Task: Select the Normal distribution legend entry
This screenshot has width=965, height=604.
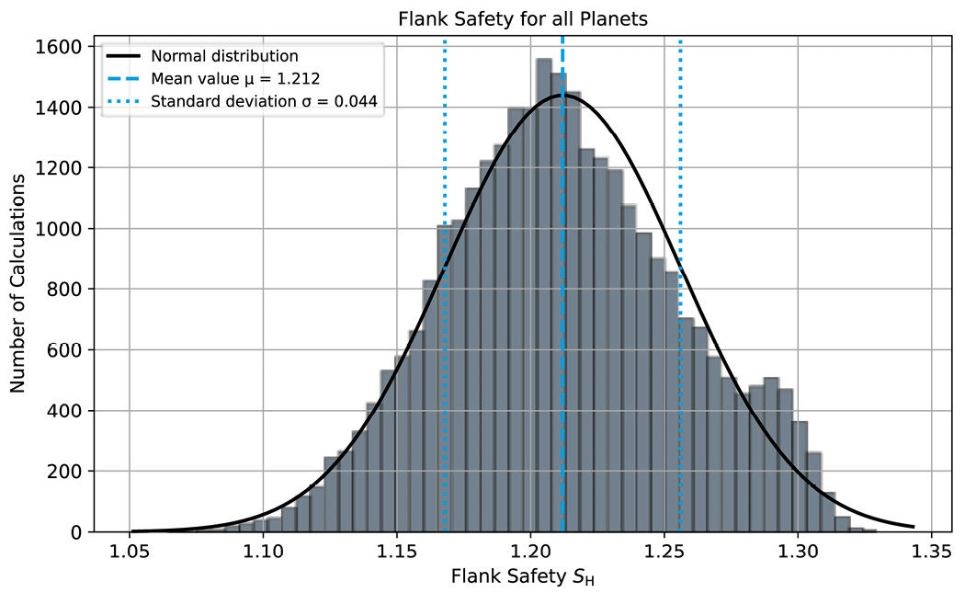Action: (x=225, y=56)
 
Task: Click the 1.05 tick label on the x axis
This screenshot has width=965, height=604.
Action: (x=130, y=553)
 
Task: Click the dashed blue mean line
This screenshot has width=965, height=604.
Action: (x=562, y=276)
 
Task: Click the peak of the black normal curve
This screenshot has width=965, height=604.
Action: (x=563, y=95)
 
